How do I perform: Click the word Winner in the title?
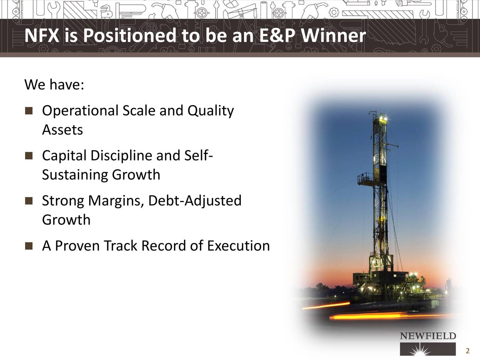pyautogui.click(x=333, y=36)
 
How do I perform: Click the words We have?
pyautogui.click(x=54, y=85)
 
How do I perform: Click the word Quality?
pyautogui.click(x=210, y=111)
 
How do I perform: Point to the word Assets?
pyautogui.click(x=62, y=130)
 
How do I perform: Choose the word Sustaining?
pyautogui.click(x=75, y=175)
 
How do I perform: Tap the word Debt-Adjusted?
pyautogui.click(x=195, y=201)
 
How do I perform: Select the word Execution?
pyautogui.click(x=238, y=246)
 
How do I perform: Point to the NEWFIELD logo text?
pyautogui.click(x=428, y=336)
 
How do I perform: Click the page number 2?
pyautogui.click(x=467, y=351)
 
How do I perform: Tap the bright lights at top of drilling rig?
pyautogui.click(x=383, y=119)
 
